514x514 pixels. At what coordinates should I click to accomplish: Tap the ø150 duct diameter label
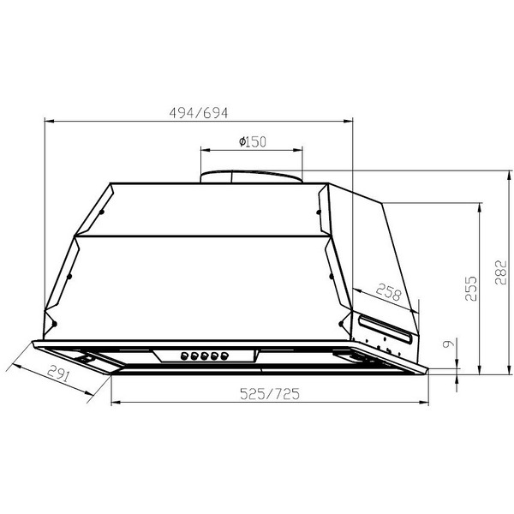tap(249, 140)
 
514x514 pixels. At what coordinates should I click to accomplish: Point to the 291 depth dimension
tap(58, 374)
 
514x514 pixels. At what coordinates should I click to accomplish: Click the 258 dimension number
tap(388, 293)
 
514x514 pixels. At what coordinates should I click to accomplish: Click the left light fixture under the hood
tap(88, 356)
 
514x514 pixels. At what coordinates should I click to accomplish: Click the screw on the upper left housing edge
tap(102, 212)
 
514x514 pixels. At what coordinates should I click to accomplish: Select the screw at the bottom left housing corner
tap(53, 324)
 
